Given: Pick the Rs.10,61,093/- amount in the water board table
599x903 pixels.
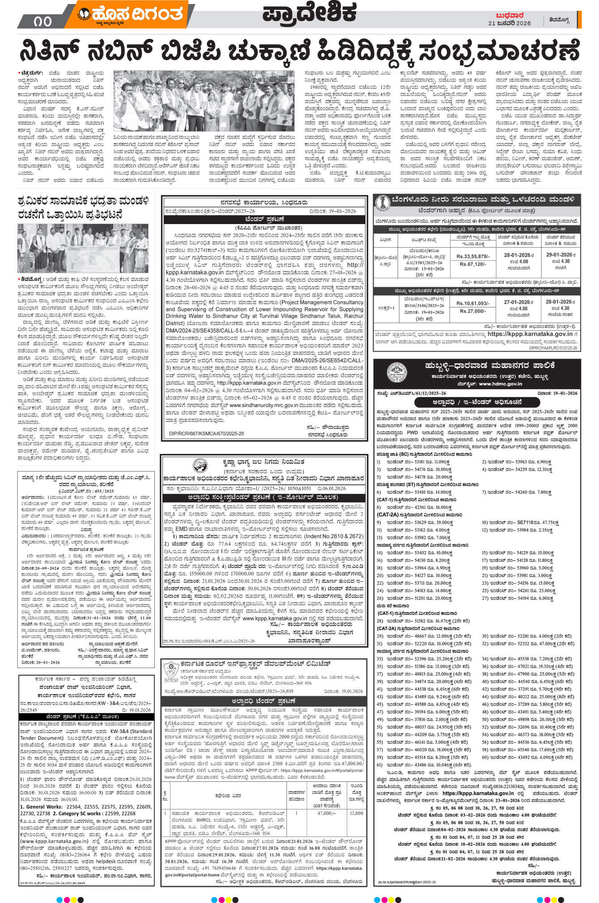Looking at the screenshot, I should (x=473, y=303).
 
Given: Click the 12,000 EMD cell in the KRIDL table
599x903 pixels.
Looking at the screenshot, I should (x=357, y=813).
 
